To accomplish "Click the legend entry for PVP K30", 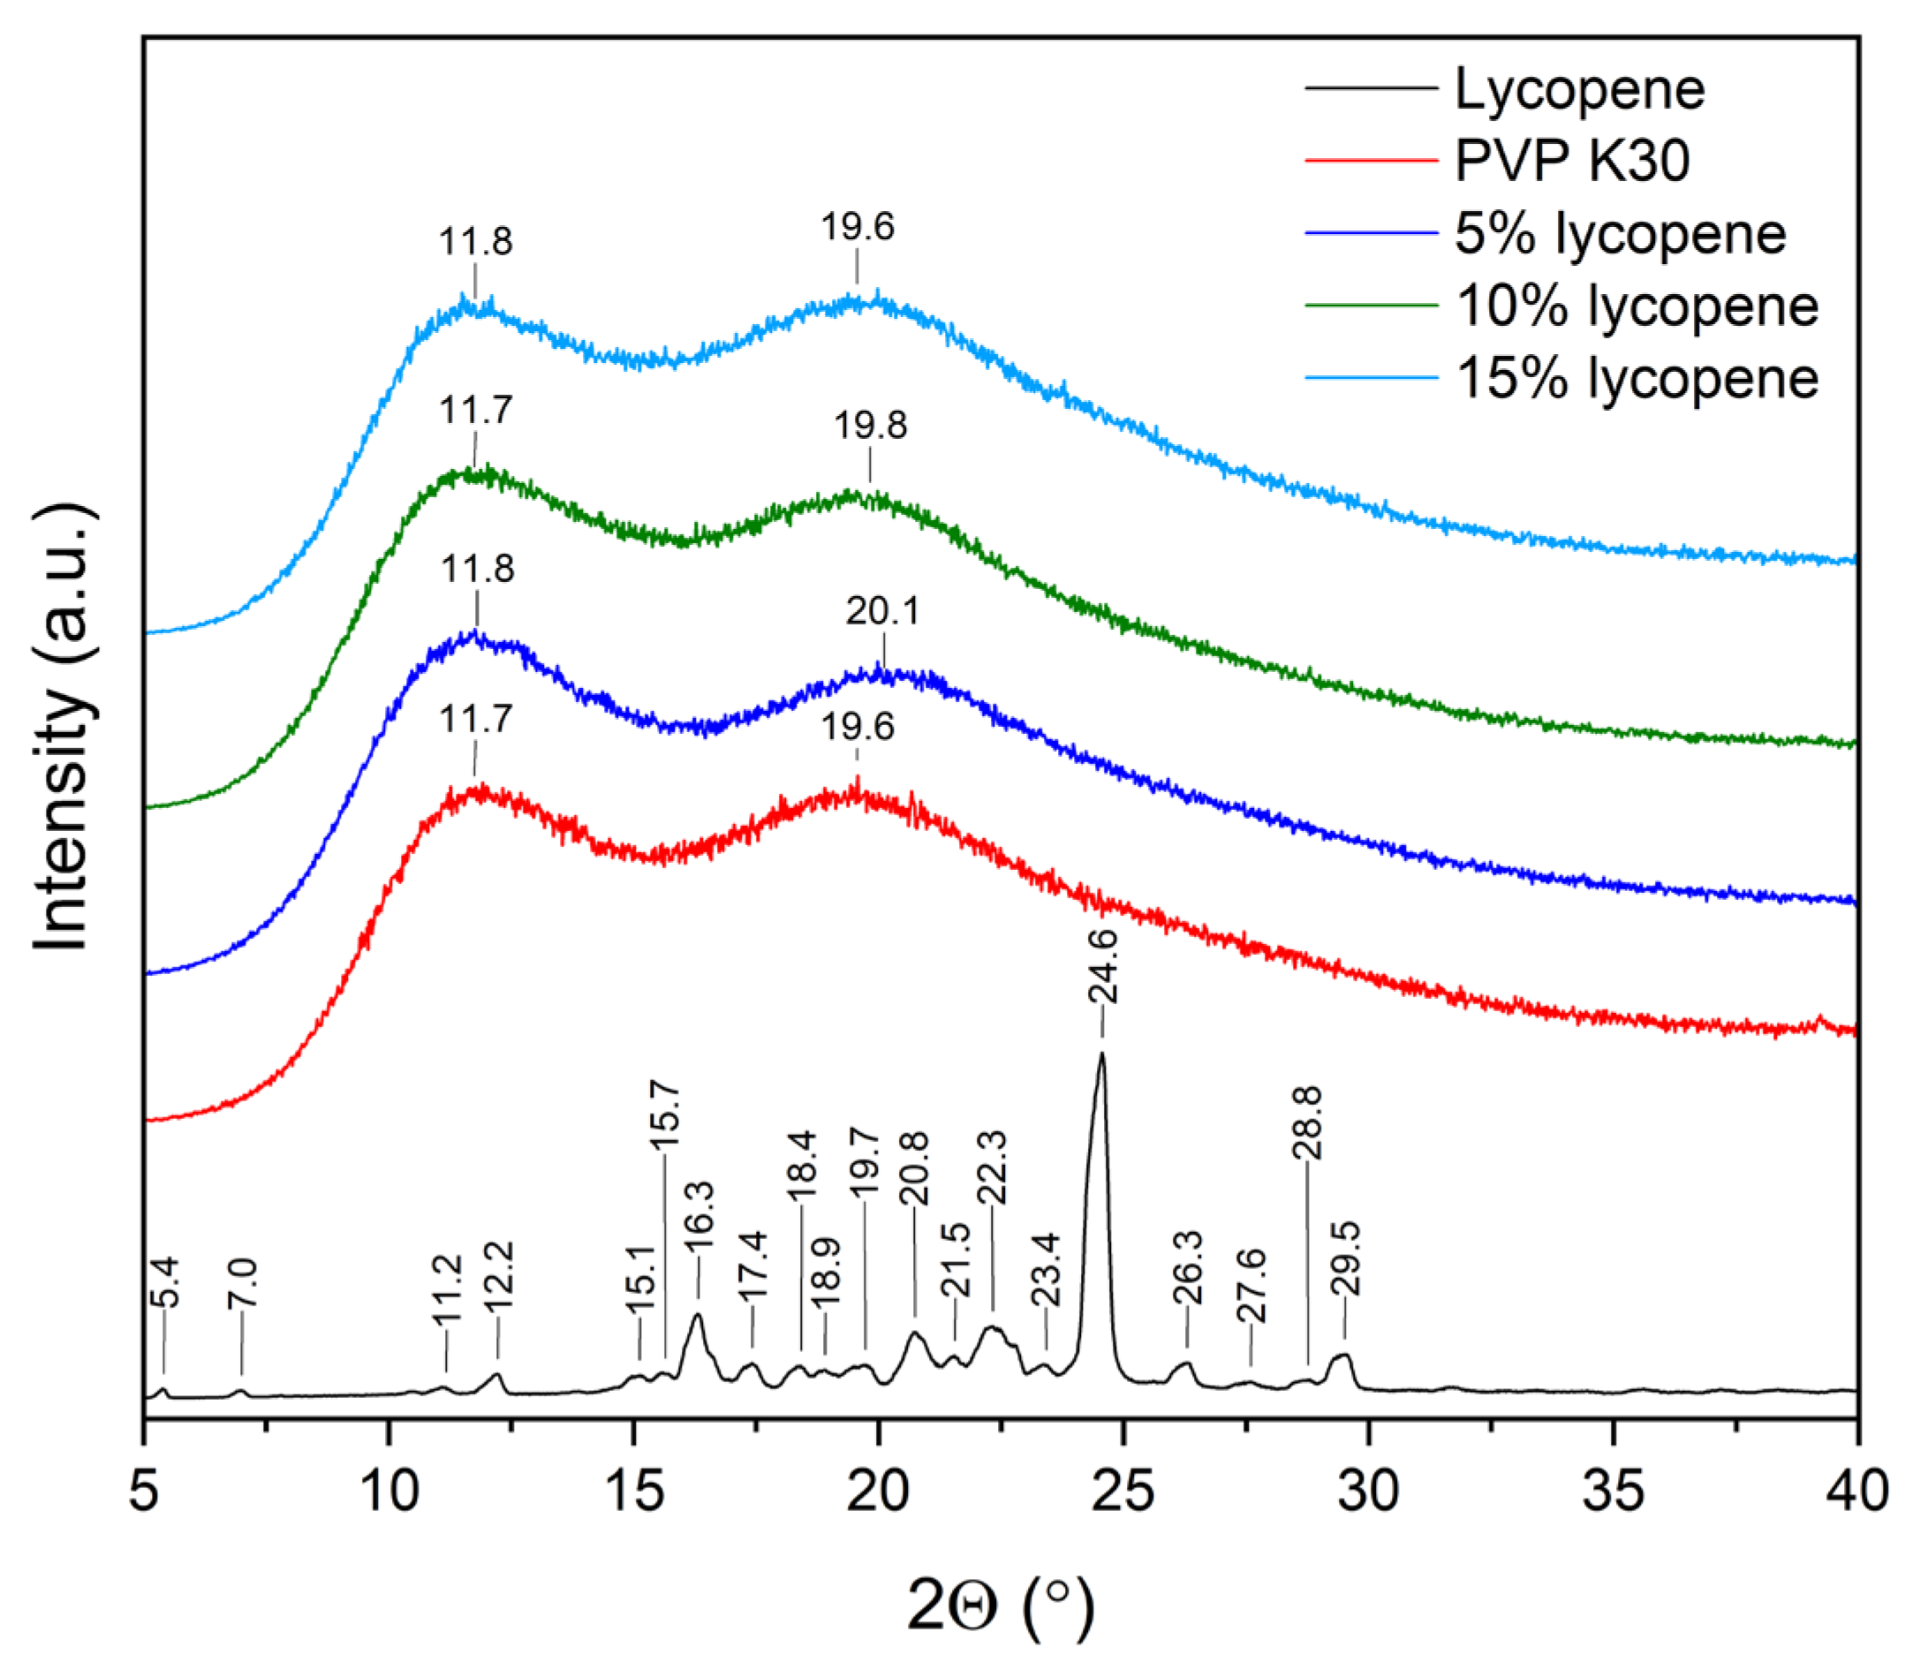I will pyautogui.click(x=1571, y=161).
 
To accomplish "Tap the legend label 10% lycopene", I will pyautogui.click(x=1636, y=306).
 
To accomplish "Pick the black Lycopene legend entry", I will pyautogui.click(x=1580, y=89).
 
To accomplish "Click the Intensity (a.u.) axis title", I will pyautogui.click(x=64, y=727).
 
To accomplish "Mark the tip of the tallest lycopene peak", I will pyautogui.click(x=1101, y=1053).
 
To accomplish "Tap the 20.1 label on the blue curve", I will pyautogui.click(x=881, y=611).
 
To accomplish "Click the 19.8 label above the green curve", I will pyautogui.click(x=870, y=426).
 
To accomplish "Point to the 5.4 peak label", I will pyautogui.click(x=165, y=1282).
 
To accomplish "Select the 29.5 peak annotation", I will pyautogui.click(x=1346, y=1258).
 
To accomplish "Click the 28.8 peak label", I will pyautogui.click(x=1308, y=1122).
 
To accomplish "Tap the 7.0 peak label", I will pyautogui.click(x=242, y=1283).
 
